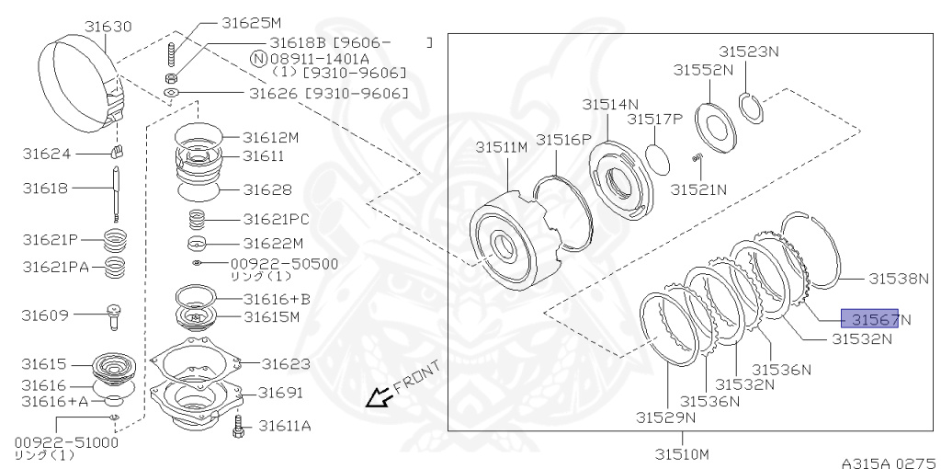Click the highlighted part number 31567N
tap(870, 319)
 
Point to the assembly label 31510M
tap(681, 452)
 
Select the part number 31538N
tap(901, 278)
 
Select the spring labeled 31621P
tap(114, 241)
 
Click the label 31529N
tap(665, 417)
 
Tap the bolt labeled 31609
tap(114, 315)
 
